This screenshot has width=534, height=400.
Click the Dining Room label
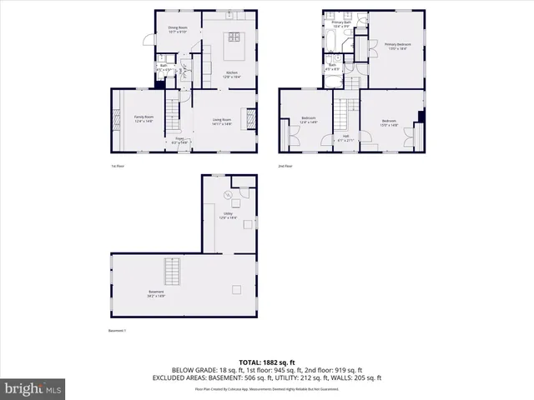[177, 29]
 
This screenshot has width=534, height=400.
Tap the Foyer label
[179, 140]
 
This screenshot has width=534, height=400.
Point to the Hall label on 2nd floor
[345, 137]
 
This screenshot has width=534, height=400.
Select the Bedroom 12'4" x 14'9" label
[308, 120]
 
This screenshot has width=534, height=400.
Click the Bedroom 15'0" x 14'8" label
[389, 122]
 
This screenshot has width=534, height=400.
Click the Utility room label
[227, 215]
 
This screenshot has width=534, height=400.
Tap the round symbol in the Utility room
[227, 195]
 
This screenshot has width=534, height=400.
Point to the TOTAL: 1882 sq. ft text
[266, 362]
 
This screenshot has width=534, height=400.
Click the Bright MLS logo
[33, 388]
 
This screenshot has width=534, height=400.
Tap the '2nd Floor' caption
[286, 166]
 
